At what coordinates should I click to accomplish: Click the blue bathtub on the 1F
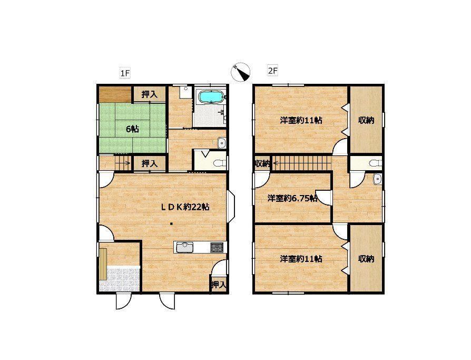(x=211, y=97)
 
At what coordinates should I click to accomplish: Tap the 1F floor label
(x=125, y=73)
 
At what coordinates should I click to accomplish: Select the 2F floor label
(x=272, y=71)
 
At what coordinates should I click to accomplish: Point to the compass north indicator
(x=241, y=72)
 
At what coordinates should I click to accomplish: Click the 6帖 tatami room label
(x=132, y=129)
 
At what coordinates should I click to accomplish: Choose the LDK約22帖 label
(x=185, y=207)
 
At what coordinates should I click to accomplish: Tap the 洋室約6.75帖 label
(x=292, y=198)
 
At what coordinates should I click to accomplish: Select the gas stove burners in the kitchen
(x=217, y=247)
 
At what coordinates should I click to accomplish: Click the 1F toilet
(x=219, y=163)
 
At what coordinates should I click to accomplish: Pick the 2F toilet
(x=376, y=163)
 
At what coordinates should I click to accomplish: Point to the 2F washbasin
(x=377, y=179)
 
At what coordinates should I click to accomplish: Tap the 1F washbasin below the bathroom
(x=221, y=143)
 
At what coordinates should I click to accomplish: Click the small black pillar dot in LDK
(x=171, y=223)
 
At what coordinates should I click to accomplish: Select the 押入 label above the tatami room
(x=149, y=94)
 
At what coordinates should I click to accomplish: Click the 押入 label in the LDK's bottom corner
(x=219, y=285)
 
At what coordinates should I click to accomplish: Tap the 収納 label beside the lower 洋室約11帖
(x=366, y=258)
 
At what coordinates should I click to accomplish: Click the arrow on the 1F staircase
(x=122, y=164)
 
